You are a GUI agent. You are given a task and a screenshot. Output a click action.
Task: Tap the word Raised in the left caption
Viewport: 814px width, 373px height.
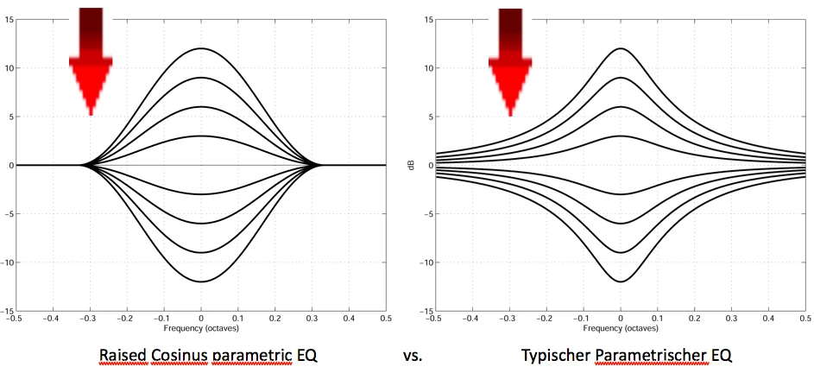tap(123, 355)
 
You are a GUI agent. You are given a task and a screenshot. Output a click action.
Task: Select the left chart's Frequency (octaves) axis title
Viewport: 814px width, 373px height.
tap(200, 328)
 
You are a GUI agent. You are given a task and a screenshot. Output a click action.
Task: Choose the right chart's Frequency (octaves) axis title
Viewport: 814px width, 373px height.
tap(620, 328)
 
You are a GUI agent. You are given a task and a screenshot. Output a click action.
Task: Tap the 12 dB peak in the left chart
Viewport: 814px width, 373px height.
tap(201, 48)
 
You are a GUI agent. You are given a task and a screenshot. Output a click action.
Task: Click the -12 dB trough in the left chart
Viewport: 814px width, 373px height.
tap(201, 281)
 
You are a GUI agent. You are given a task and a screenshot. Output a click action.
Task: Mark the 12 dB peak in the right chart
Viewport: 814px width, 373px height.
tap(620, 48)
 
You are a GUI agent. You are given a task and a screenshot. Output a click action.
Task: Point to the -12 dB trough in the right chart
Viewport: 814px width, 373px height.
tap(620, 281)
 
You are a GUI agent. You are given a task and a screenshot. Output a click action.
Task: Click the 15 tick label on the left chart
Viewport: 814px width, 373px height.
tap(7, 19)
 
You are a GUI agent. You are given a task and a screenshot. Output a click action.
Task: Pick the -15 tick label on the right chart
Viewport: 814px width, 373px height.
tap(425, 311)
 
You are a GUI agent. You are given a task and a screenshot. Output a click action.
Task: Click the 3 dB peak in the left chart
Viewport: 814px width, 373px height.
tap(201, 136)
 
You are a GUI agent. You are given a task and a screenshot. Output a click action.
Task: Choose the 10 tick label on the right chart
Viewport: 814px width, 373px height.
tap(426, 67)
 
